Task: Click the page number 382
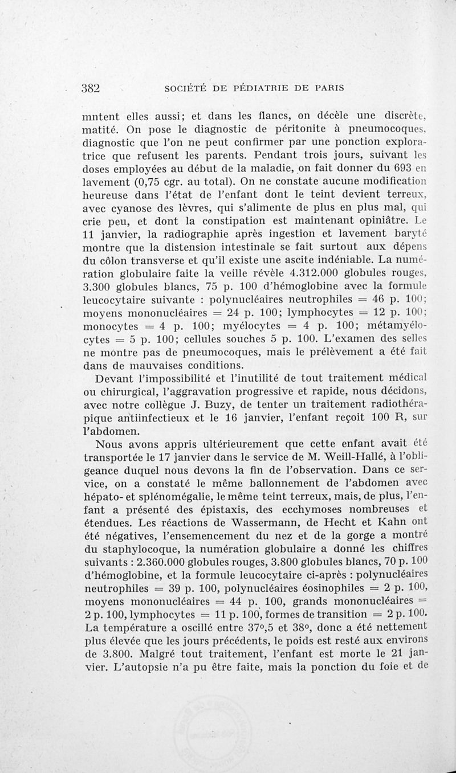tap(91, 88)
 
